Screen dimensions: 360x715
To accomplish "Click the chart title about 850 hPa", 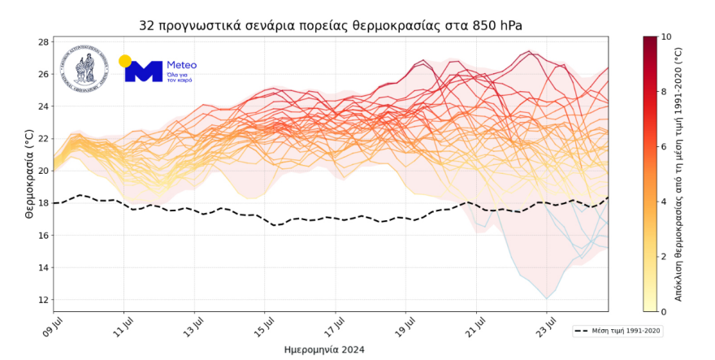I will click(x=331, y=26).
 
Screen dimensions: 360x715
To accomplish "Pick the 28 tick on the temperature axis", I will click(x=44, y=41).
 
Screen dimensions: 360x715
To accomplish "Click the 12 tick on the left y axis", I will click(x=44, y=300).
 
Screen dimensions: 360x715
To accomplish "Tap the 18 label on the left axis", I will click(x=44, y=203).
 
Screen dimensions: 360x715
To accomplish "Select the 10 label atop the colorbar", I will click(x=667, y=37).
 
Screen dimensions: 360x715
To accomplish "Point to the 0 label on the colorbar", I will click(x=665, y=311).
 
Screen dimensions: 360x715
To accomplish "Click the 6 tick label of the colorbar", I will click(x=665, y=146).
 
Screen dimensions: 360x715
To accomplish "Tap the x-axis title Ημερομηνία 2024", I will click(x=324, y=349).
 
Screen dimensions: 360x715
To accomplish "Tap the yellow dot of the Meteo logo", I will click(x=125, y=61).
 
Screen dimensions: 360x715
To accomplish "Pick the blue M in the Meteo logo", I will click(x=143, y=72).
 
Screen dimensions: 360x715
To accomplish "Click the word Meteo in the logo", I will click(x=181, y=64).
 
